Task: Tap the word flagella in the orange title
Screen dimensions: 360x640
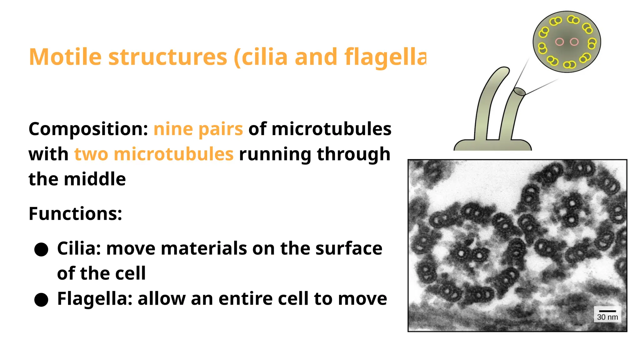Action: [x=385, y=57]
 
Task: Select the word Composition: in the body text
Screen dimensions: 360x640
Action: [x=88, y=129]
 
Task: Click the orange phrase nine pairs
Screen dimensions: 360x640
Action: [x=198, y=129]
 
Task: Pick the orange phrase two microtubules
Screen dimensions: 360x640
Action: [x=154, y=154]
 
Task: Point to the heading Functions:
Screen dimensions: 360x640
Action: [x=75, y=214]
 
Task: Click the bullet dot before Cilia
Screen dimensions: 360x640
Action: [x=41, y=250]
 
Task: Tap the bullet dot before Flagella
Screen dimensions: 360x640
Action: [x=41, y=300]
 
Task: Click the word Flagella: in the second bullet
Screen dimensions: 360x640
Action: [x=95, y=298]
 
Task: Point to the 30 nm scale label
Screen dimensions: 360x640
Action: [x=607, y=317]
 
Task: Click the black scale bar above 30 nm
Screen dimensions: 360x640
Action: [x=607, y=311]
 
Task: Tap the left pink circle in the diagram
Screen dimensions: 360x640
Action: [x=559, y=42]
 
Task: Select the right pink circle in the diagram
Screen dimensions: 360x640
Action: [x=574, y=42]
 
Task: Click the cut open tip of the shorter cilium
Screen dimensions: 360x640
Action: [x=519, y=92]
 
